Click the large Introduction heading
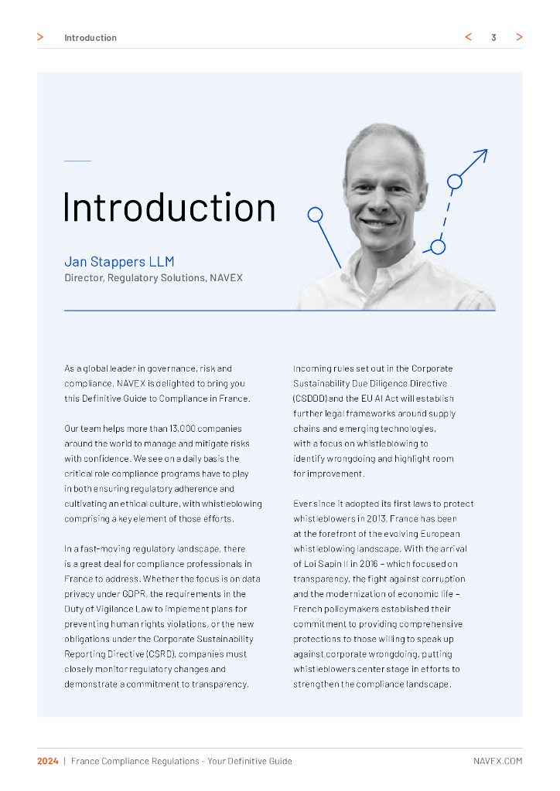[169, 208]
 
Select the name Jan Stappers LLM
[119, 262]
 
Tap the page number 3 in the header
[493, 37]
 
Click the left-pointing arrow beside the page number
[469, 37]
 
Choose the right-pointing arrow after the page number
[519, 37]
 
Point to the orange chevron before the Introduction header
[40, 37]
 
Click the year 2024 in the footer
[48, 761]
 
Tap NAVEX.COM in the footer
[497, 761]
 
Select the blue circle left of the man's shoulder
[315, 214]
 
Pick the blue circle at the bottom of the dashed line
[438, 247]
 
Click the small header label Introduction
[90, 38]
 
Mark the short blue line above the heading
[77, 161]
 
